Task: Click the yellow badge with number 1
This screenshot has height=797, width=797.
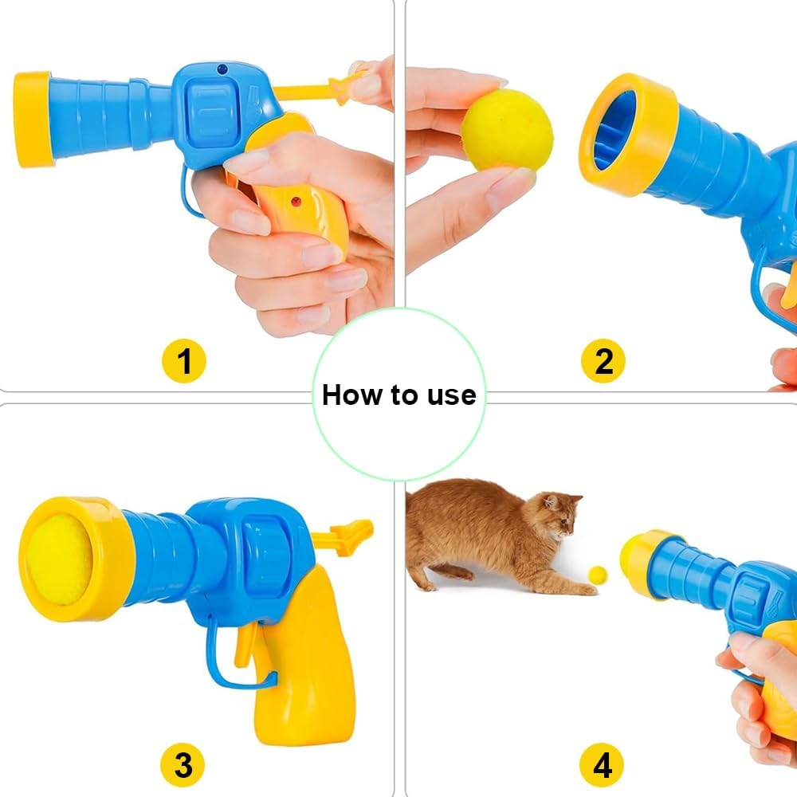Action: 184,361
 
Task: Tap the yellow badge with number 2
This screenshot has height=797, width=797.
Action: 603,361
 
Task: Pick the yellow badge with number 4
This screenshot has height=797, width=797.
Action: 603,766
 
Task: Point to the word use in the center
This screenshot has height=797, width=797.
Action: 451,395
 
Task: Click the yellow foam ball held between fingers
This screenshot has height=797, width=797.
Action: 507,130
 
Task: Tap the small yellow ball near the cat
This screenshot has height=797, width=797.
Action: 597,574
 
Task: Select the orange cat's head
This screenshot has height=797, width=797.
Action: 561,514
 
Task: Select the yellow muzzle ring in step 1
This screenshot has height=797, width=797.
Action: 33,120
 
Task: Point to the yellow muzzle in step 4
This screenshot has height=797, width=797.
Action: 641,562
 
